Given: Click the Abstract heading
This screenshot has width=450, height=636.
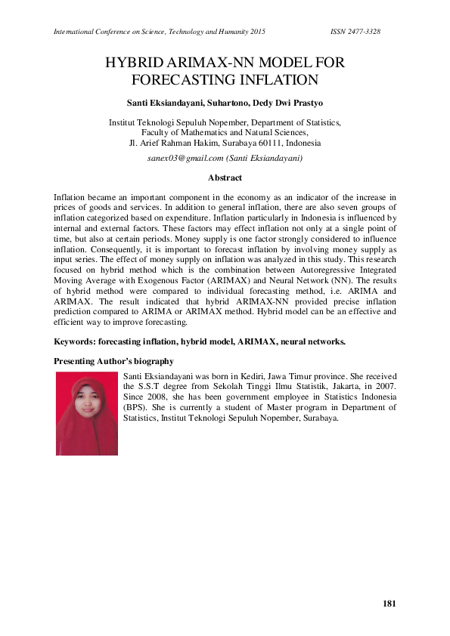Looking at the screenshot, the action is point(225,178).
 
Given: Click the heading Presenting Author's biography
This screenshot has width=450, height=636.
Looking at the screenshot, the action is point(113,361).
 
